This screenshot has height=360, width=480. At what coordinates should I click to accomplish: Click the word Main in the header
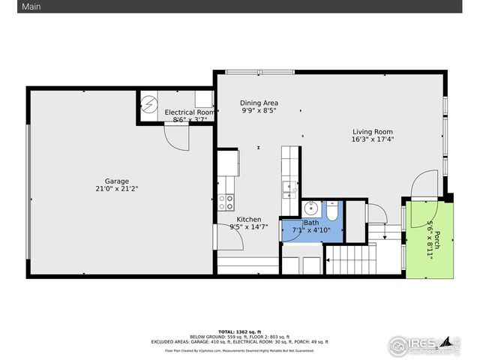point(10,6)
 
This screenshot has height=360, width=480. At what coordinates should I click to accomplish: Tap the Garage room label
point(116,181)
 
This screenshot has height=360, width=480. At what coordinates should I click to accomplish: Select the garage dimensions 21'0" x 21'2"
point(116,190)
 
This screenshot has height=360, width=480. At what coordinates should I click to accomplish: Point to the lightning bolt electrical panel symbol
point(148,102)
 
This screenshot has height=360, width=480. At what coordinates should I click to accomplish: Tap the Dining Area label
point(259,103)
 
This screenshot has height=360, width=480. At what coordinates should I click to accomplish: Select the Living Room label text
point(373,131)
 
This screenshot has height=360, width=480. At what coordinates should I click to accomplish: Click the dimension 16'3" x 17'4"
point(373,139)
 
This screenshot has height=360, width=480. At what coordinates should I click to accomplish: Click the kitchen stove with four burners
point(226,202)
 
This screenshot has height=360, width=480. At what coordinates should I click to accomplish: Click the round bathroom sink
point(310,208)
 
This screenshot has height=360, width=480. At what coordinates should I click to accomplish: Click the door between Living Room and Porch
point(424,184)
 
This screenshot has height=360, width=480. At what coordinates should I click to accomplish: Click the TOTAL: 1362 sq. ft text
point(239,331)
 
